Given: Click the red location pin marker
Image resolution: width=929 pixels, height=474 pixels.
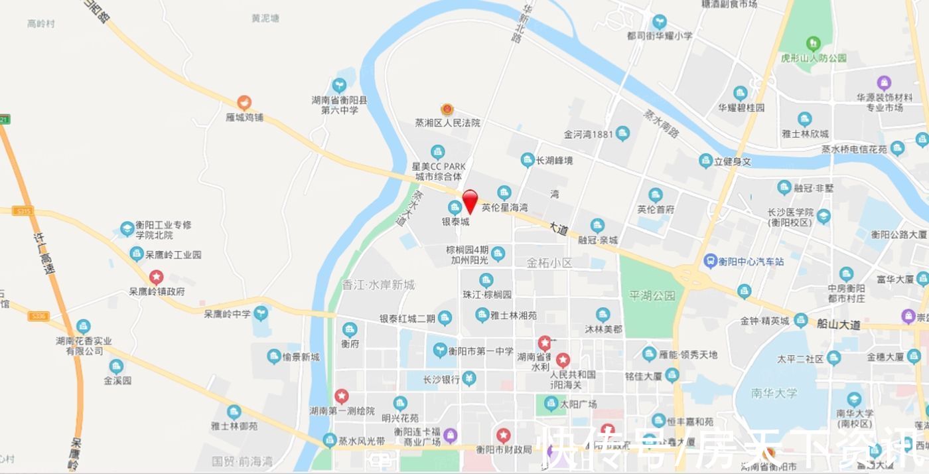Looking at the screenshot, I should pos(470,200).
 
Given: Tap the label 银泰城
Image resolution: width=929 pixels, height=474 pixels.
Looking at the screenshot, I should pos(456,222).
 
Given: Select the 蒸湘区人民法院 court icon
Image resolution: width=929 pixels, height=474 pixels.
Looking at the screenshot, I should pos(447,109).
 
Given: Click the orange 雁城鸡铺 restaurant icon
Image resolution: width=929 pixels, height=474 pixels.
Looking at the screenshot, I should pos(244,103).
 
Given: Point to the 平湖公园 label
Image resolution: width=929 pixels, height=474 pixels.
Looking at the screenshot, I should pos(652,296).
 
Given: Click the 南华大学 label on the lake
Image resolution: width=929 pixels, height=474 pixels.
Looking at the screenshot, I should pos(774,393).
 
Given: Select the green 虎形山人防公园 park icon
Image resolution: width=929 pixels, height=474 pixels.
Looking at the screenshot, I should pos(814,44).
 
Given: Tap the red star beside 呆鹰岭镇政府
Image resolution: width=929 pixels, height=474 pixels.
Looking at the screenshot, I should pos(156,277).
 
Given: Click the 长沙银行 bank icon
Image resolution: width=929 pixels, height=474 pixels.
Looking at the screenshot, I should pos(469,379).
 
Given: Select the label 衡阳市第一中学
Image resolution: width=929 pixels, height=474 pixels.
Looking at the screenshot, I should pos(480,351).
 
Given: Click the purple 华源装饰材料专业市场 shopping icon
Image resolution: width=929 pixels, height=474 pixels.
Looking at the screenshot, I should pos(884,83).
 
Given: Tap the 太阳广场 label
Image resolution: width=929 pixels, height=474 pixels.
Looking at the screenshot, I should pos(578,404).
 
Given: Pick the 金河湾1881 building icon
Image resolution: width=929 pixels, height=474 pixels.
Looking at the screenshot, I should pos(622,133).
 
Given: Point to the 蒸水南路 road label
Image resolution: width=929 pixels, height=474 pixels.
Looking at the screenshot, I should pos(661,123).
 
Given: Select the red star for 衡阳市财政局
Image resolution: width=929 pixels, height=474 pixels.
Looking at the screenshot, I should pos(504,435).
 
